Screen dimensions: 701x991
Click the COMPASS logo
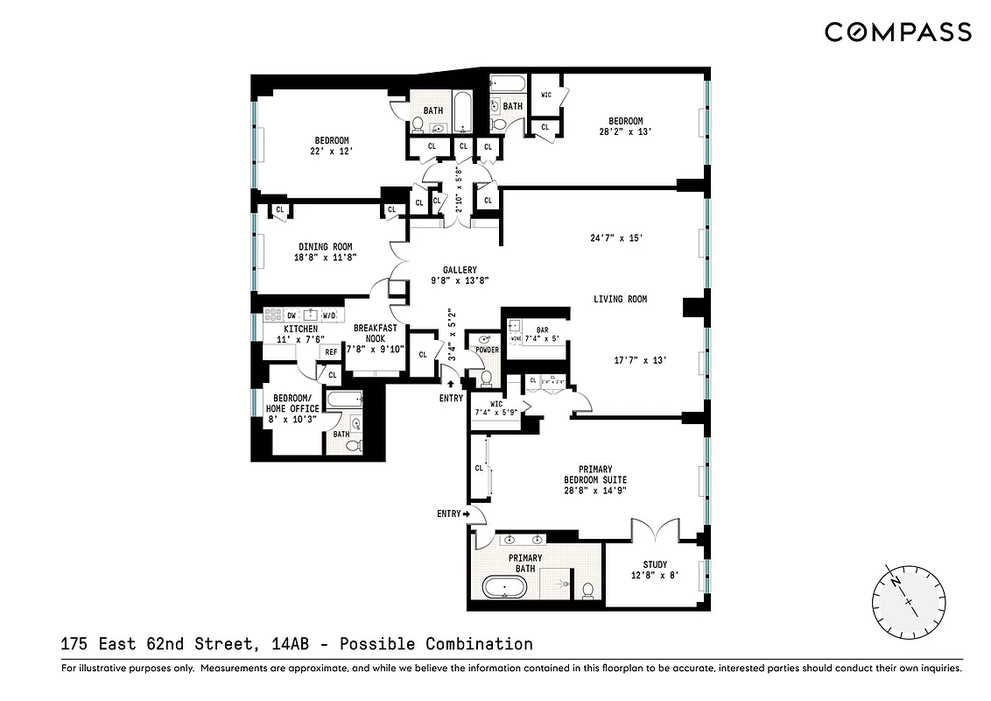pyautogui.click(x=897, y=32)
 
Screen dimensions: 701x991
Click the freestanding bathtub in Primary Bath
pyautogui.click(x=504, y=586)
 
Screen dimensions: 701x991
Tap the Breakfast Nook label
pyautogui.click(x=376, y=334)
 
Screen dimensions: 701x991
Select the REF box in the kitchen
pyautogui.click(x=331, y=352)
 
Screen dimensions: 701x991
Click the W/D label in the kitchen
pyautogui.click(x=328, y=315)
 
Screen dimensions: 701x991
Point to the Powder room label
pyautogui.click(x=486, y=350)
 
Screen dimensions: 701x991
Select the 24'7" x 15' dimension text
pyautogui.click(x=616, y=237)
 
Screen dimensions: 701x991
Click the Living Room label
pyautogui.click(x=620, y=299)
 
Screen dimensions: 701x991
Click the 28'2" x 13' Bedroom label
pyautogui.click(x=621, y=127)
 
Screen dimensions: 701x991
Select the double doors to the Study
pyautogui.click(x=655, y=529)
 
